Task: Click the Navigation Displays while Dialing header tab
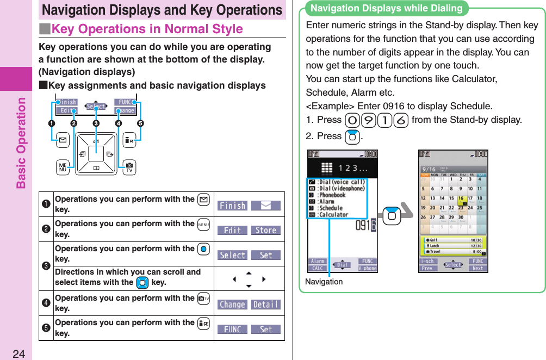pyautogui.click(x=386, y=8)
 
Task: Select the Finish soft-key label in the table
pyautogui.click(x=232, y=206)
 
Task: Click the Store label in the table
pyautogui.click(x=265, y=231)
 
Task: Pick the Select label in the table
pyautogui.click(x=232, y=255)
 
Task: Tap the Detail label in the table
pyautogui.click(x=265, y=305)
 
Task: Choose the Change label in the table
pyautogui.click(x=232, y=305)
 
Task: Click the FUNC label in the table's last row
pyautogui.click(x=232, y=330)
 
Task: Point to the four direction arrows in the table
pyautogui.click(x=249, y=280)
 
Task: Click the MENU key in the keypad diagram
pyautogui.click(x=62, y=167)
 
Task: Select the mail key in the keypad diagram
pyautogui.click(x=63, y=140)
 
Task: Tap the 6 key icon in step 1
pyautogui.click(x=403, y=120)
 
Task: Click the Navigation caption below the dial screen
pyautogui.click(x=324, y=281)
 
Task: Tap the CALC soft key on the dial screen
pyautogui.click(x=318, y=268)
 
